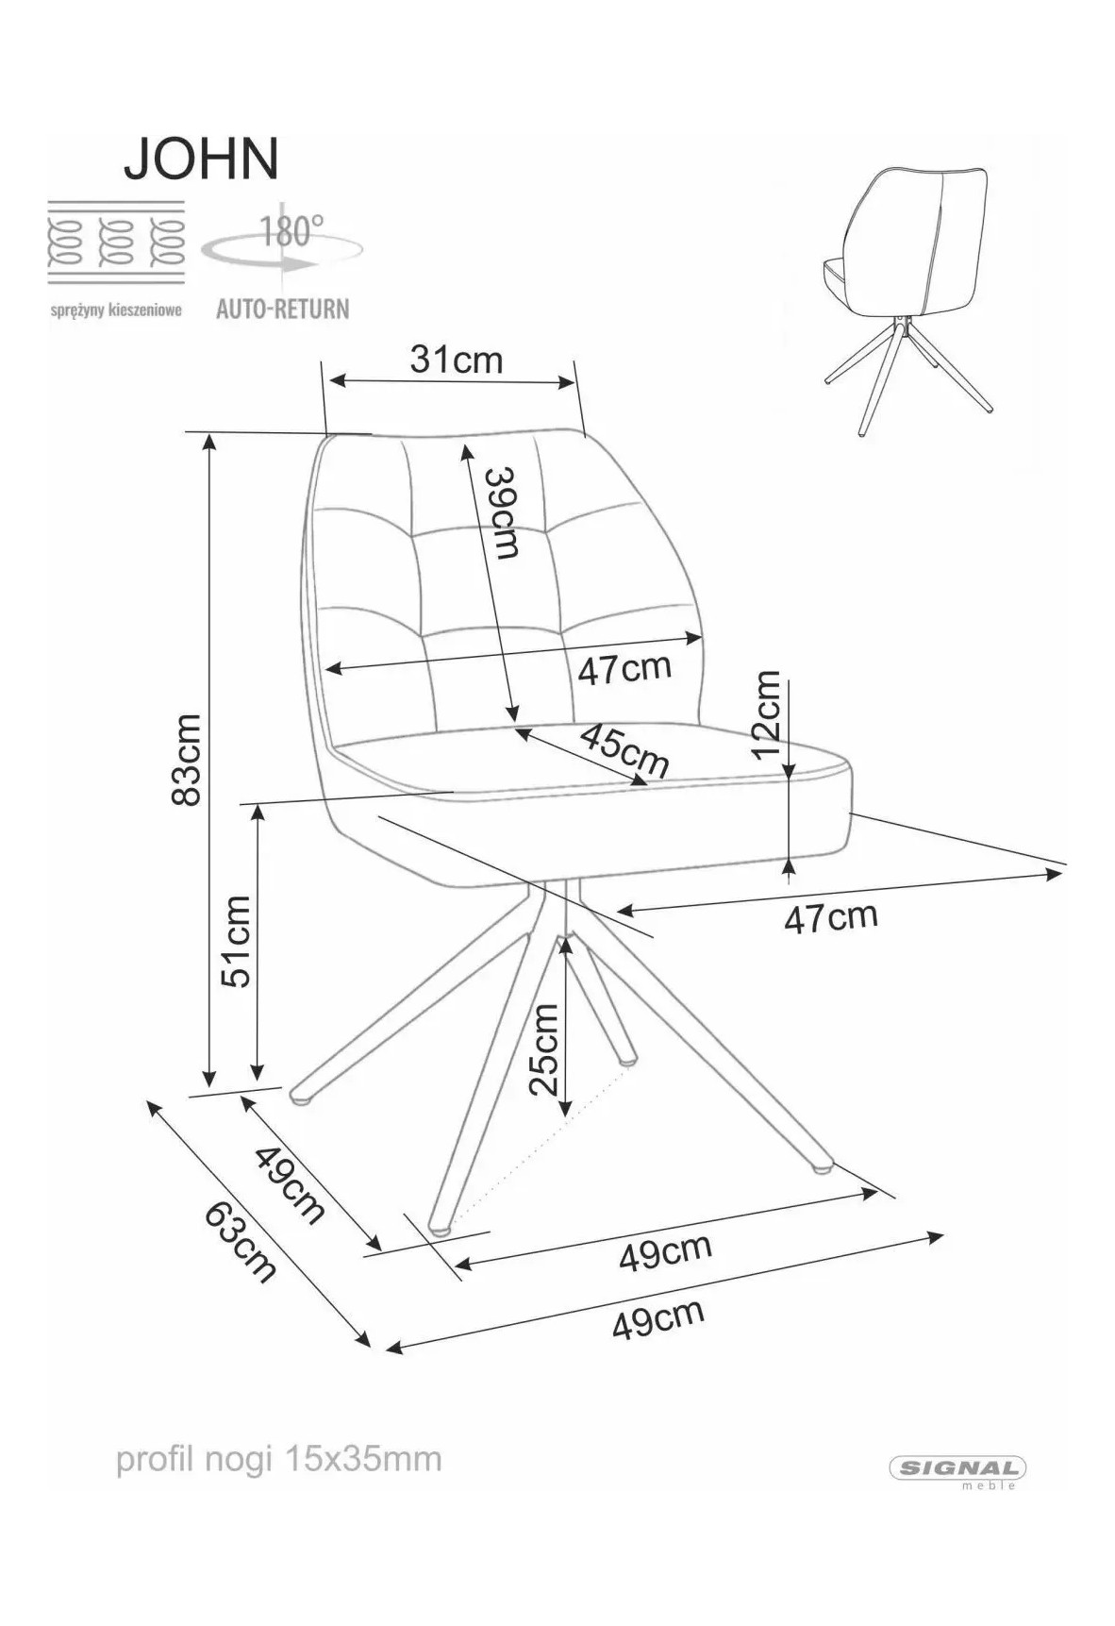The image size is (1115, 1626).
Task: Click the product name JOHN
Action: [201, 159]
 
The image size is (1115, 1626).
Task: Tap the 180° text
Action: [291, 230]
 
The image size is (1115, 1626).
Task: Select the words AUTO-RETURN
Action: [282, 309]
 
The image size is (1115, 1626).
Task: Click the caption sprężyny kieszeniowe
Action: [115, 310]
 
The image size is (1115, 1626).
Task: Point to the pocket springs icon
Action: [116, 241]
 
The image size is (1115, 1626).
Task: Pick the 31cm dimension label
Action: [457, 360]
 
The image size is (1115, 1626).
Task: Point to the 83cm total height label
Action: [186, 760]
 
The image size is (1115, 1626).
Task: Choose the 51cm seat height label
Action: [236, 941]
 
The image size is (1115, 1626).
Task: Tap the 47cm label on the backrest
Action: [624, 669]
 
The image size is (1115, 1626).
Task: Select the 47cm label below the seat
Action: [830, 916]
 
